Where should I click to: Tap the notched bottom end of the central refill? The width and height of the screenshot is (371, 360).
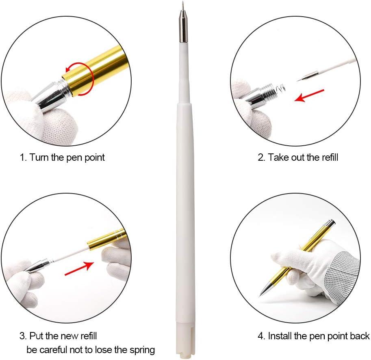point(185,350)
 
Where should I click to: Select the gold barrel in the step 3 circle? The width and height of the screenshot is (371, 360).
point(106,240)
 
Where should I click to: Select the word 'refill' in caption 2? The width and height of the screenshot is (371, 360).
point(328,157)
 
